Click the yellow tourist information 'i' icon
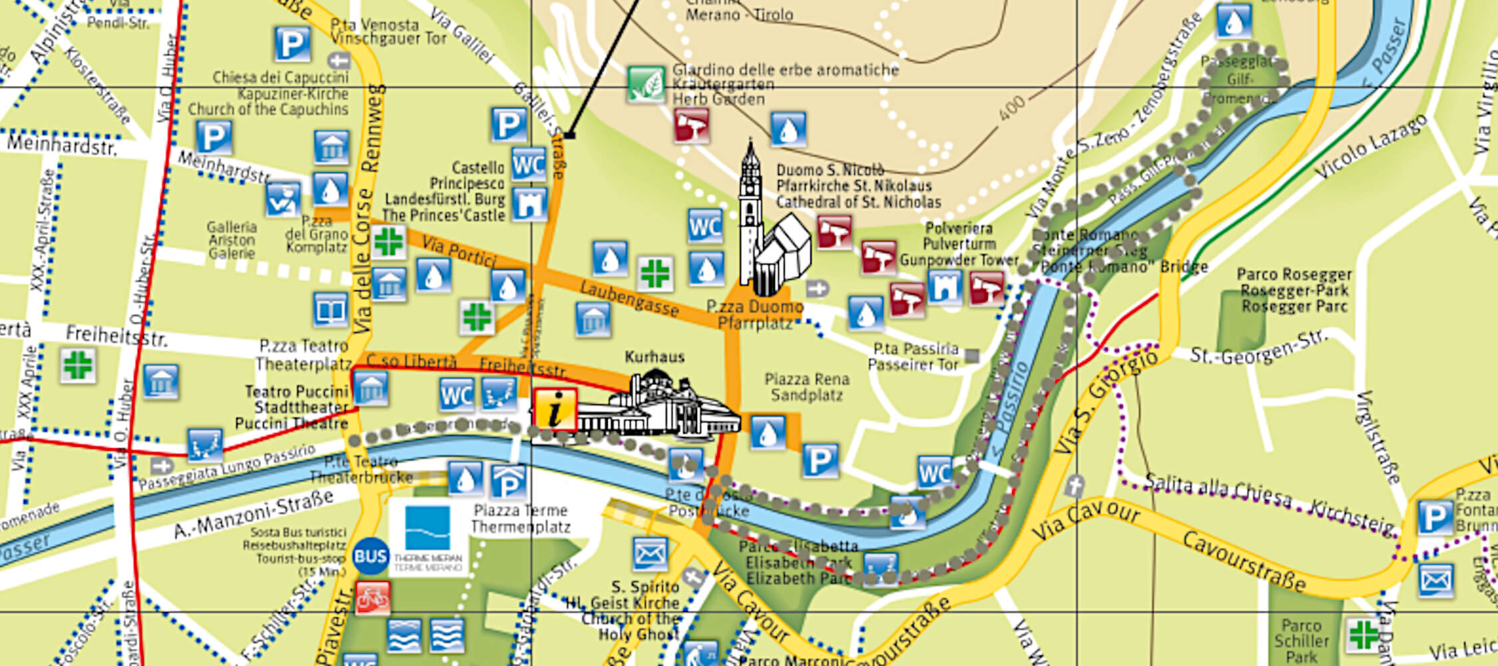[555, 409]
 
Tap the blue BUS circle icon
[371, 556]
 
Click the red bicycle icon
[372, 597]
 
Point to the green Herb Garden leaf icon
[646, 85]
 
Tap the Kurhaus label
[654, 357]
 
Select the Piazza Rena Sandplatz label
[806, 387]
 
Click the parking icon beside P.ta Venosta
[292, 45]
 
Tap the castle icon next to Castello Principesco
[530, 204]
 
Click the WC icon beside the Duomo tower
[705, 226]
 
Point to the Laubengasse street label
[629, 299]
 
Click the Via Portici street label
[459, 252]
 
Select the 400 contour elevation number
[1011, 108]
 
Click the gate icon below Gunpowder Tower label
[945, 288]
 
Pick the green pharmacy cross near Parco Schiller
[1362, 635]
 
